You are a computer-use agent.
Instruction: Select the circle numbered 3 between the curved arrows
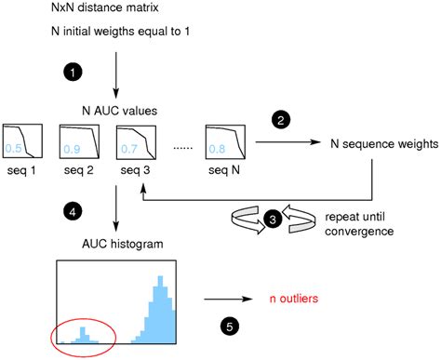(271, 219)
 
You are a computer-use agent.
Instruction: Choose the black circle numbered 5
(230, 326)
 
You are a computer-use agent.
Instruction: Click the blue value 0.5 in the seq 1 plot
(13, 147)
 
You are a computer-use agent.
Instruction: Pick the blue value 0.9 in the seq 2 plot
(71, 147)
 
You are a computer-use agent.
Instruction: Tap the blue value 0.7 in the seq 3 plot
(127, 147)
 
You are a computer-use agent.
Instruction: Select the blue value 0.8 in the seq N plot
(216, 147)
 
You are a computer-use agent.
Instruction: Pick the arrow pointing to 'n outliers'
(228, 299)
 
